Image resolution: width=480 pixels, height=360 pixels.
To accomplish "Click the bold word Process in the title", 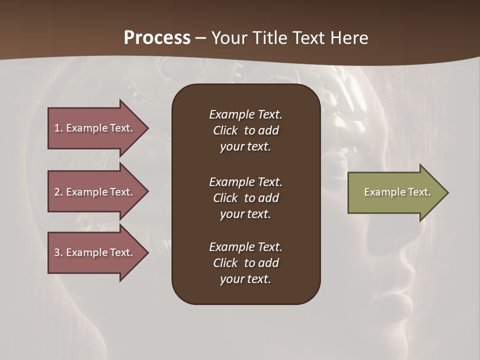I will point(157,38).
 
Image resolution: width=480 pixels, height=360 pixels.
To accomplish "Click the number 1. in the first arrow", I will point(58,128).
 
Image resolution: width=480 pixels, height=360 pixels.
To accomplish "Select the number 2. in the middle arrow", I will point(58,192).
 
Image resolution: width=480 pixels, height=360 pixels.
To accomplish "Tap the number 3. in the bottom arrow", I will point(58,252).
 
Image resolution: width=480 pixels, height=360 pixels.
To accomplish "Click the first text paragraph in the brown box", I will point(245,130).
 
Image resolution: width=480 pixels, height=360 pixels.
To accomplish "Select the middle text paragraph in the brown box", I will point(245,198).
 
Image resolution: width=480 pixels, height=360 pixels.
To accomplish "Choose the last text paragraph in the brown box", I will point(245,263).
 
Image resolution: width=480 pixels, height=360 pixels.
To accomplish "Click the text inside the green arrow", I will point(397,192).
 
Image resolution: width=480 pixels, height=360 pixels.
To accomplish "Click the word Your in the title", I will point(230,38).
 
